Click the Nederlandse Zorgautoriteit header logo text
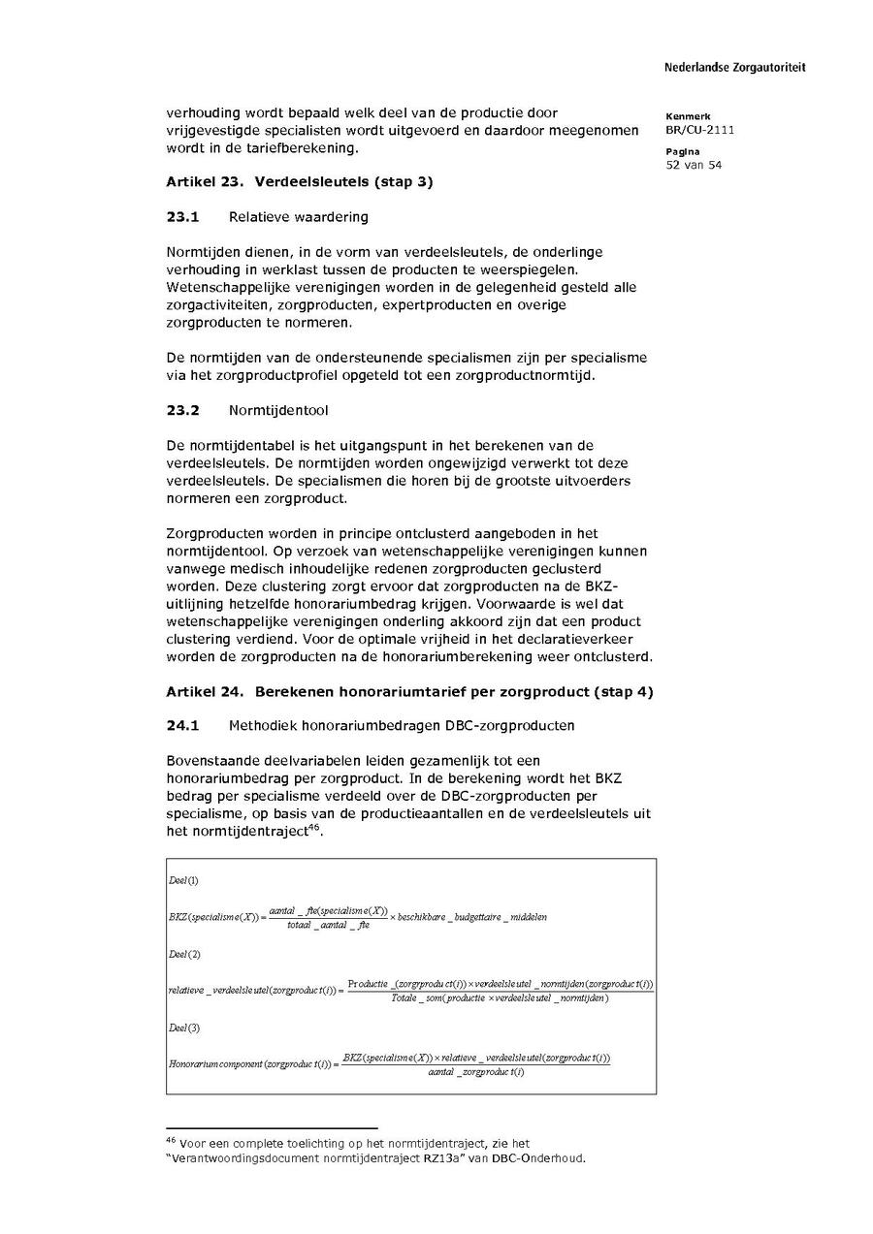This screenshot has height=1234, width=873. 734,68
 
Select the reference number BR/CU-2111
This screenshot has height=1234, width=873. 699,130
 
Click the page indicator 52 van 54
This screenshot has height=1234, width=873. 694,165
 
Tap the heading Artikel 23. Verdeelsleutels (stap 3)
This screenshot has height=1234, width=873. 299,181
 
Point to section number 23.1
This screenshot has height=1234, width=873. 182,217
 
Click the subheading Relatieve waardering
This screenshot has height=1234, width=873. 298,217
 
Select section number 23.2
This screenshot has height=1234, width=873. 182,410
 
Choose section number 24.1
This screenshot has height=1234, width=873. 182,725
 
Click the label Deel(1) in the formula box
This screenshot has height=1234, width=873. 183,880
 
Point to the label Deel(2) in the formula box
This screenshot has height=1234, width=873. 183,955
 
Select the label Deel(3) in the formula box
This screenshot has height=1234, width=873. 183,1028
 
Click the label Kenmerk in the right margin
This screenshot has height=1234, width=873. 688,116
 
